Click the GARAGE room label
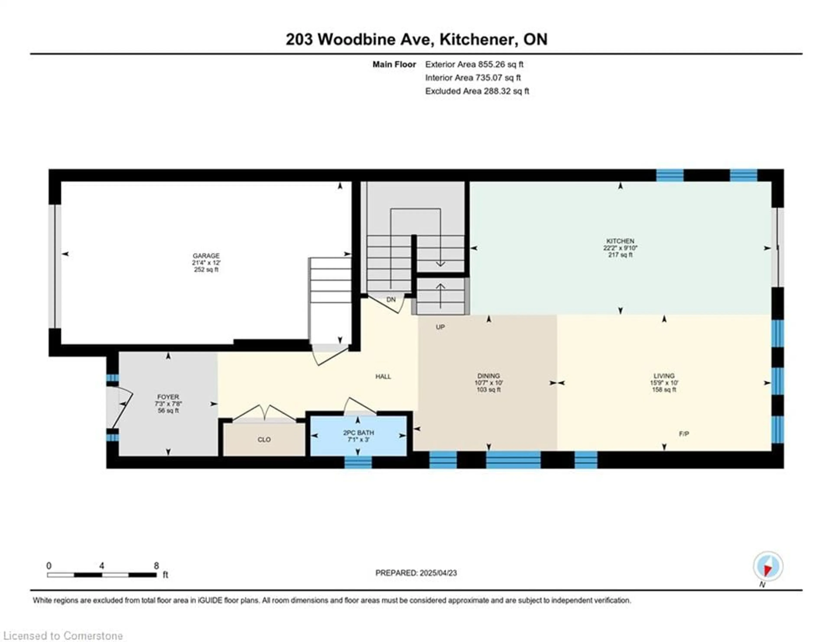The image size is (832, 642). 206,256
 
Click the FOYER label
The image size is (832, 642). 168,397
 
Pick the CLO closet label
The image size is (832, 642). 264,439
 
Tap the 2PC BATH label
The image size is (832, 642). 359,433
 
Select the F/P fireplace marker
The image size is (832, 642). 684,433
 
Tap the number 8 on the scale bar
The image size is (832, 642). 156,566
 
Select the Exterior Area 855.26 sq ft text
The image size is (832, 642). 474,64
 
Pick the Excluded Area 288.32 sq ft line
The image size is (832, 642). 477,91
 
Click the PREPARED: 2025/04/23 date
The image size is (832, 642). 416,573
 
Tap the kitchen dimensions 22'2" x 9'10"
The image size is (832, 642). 620,248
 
